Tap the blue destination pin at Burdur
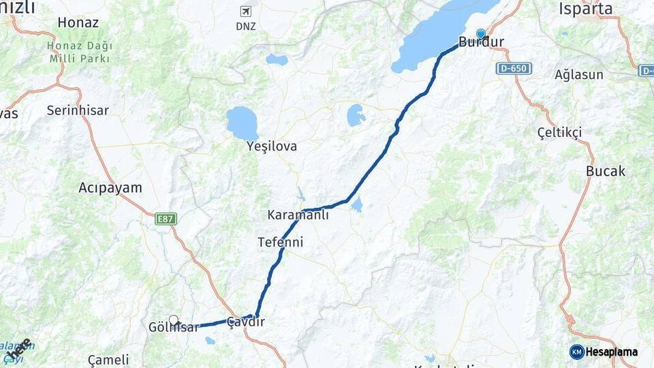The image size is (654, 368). pyautogui.click(x=481, y=33)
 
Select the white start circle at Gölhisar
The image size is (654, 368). pyautogui.click(x=174, y=320)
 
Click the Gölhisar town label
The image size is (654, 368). pyautogui.click(x=174, y=328)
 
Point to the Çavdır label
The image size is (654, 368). pyautogui.click(x=245, y=322)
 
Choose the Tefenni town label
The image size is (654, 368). pyautogui.click(x=281, y=242)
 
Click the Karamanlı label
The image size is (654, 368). pyautogui.click(x=298, y=215)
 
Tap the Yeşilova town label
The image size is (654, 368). pyautogui.click(x=272, y=147)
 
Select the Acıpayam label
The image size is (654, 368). pyautogui.click(x=110, y=187)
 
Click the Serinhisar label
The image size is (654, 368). pyautogui.click(x=78, y=110)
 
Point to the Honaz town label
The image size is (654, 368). pyautogui.click(x=78, y=22)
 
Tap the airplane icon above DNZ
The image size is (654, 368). pyautogui.click(x=245, y=11)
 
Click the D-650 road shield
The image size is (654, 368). pyautogui.click(x=514, y=69)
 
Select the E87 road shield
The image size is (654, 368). pyautogui.click(x=166, y=219)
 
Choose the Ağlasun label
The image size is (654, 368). pyautogui.click(x=579, y=74)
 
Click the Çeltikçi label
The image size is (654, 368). pyautogui.click(x=559, y=132)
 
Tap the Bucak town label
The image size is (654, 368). pyautogui.click(x=606, y=171)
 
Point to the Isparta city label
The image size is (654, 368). pyautogui.click(x=586, y=9)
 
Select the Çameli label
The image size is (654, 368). pyautogui.click(x=108, y=360)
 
